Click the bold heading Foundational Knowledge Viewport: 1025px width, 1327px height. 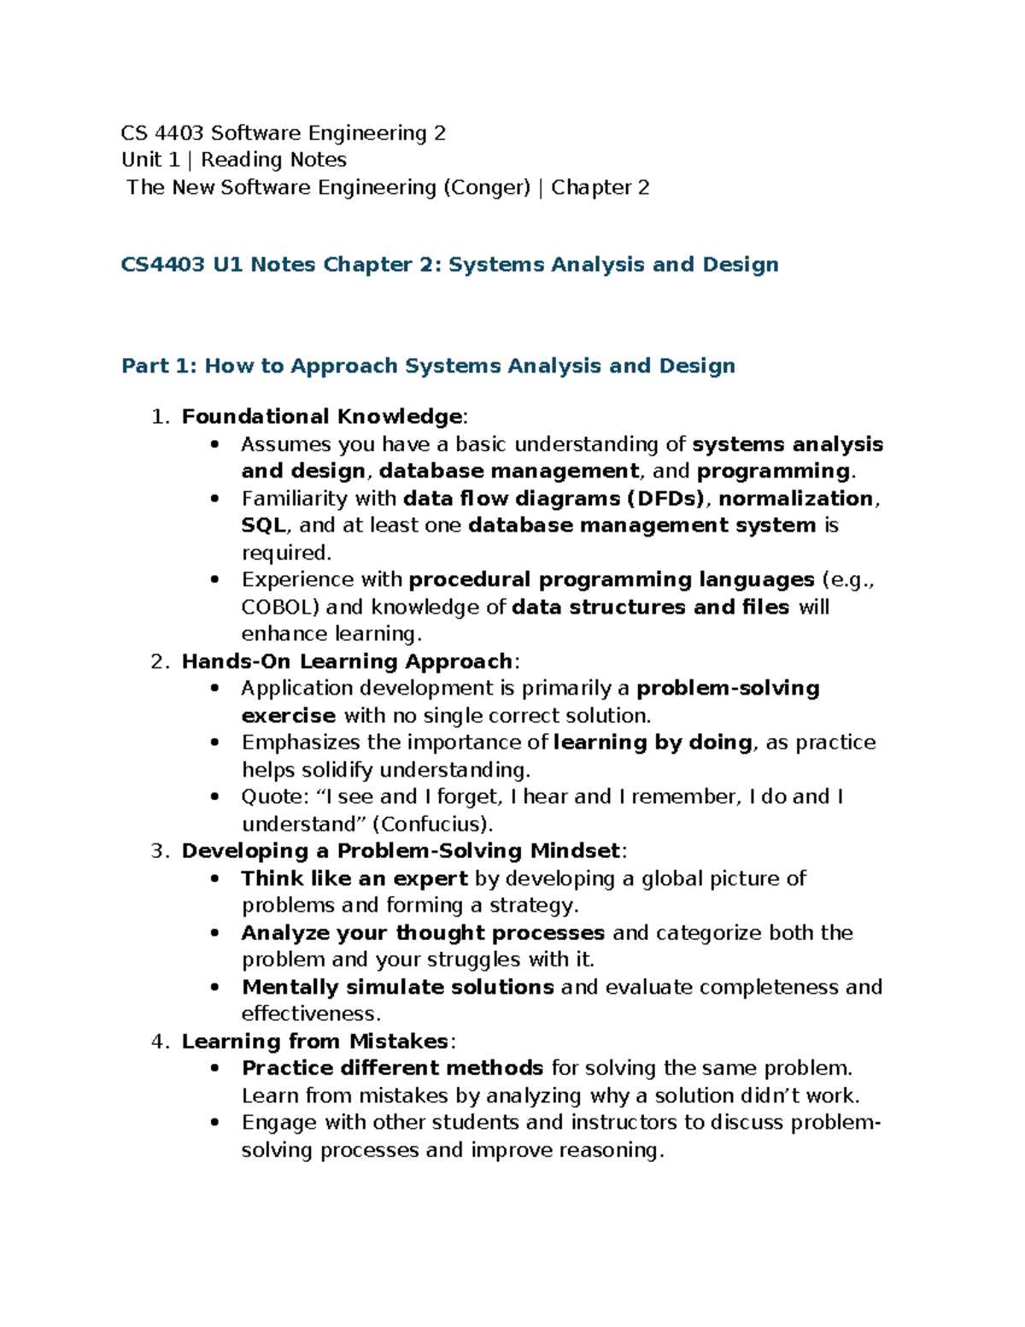click(322, 417)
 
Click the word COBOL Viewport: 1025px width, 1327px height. click(280, 608)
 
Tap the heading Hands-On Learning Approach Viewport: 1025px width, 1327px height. click(347, 661)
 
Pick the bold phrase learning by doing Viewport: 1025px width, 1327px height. click(653, 743)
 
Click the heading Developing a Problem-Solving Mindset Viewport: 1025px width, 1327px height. click(401, 851)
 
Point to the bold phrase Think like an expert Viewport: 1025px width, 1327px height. click(354, 878)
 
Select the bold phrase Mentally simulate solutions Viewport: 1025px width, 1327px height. click(398, 987)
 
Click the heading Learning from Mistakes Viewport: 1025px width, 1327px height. click(315, 1042)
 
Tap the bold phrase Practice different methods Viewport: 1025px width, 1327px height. click(393, 1068)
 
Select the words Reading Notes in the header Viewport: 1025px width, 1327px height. click(273, 161)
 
